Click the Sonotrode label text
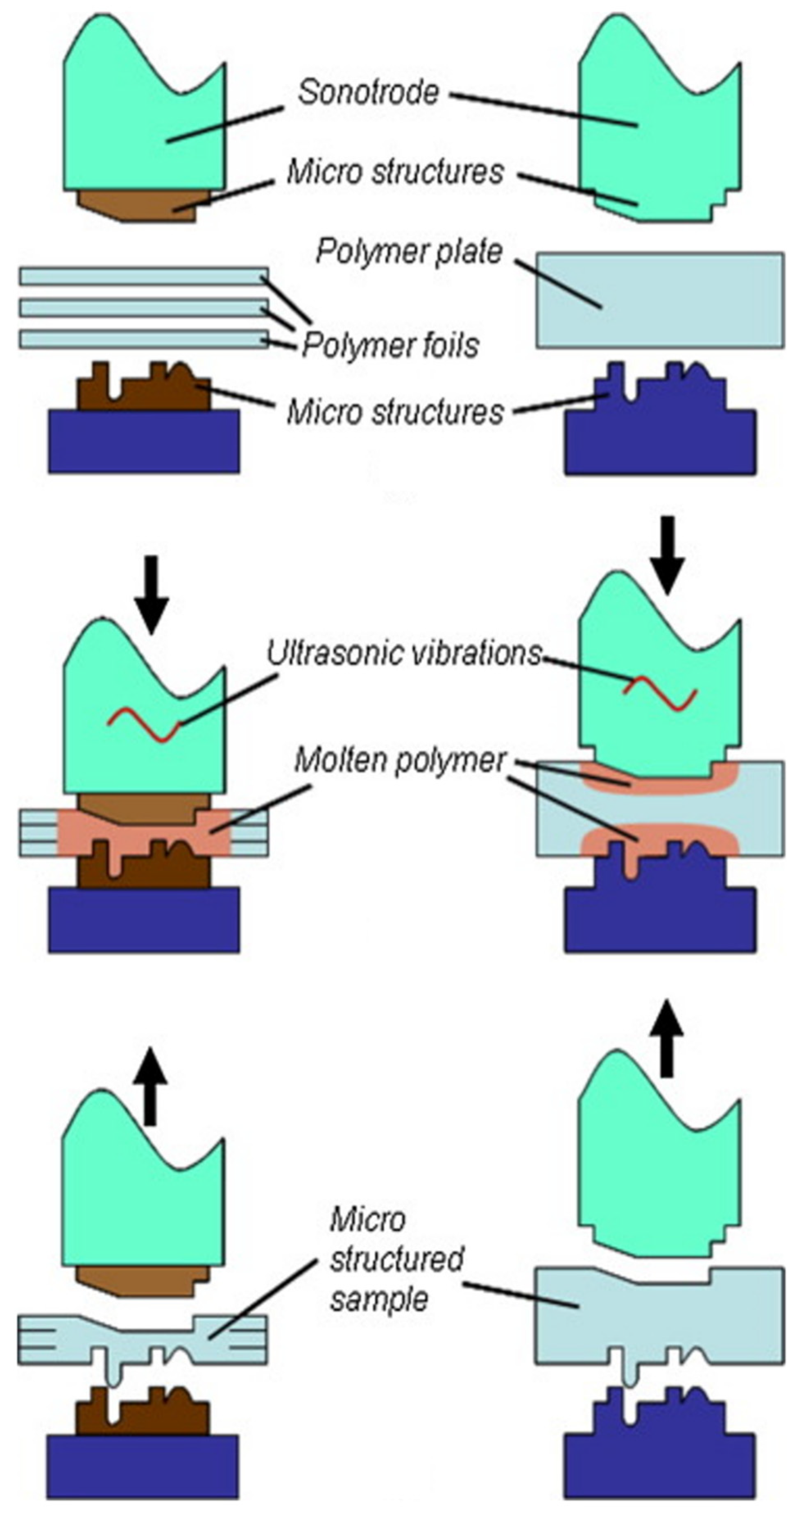click(x=368, y=93)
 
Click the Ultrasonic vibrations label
click(x=404, y=653)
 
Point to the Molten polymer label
click(x=400, y=760)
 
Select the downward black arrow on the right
click(x=668, y=554)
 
